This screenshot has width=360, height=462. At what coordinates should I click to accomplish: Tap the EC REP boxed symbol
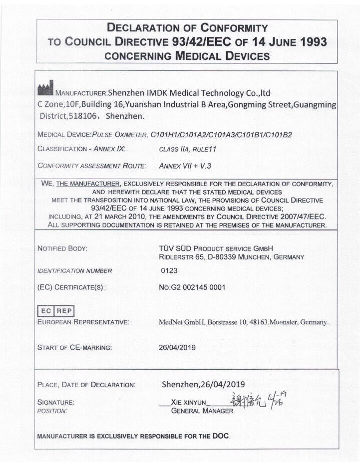[x=55, y=310]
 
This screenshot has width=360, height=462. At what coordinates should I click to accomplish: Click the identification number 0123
[x=169, y=271]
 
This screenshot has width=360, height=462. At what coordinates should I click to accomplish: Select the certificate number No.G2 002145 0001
[x=192, y=287]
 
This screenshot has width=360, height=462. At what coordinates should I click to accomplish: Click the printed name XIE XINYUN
[x=188, y=402]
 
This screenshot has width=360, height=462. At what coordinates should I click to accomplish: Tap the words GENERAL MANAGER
[x=202, y=411]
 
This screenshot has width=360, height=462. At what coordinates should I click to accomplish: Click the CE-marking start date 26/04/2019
[x=177, y=347]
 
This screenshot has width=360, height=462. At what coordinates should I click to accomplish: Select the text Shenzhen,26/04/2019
[x=203, y=384]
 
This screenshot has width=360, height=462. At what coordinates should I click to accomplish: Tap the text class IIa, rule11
[x=188, y=149]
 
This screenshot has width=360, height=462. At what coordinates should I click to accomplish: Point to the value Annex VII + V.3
[x=188, y=165]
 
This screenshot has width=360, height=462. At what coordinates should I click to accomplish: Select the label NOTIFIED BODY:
[x=62, y=248]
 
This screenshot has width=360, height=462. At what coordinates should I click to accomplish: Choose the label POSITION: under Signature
[x=52, y=411]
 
